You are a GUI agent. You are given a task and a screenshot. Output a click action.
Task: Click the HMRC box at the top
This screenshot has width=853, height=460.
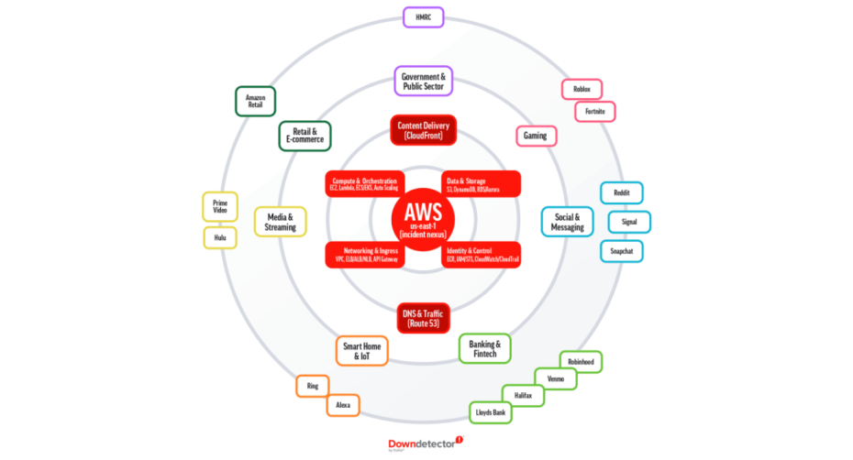pos(424,17)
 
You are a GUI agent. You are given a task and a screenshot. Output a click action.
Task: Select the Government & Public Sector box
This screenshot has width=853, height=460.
pos(424,81)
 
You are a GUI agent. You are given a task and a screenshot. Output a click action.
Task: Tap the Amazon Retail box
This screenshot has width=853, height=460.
pos(255,101)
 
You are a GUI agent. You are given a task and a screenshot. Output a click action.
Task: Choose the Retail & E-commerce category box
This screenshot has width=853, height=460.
pos(305,137)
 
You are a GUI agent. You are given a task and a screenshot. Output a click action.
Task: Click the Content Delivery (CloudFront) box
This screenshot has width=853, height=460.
pos(423,130)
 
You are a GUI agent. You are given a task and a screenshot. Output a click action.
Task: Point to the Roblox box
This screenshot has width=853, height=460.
pos(582,89)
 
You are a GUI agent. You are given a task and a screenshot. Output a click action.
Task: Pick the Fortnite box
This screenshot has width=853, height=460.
pos(595,112)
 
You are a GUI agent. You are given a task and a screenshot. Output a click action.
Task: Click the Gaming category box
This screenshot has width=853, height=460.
pos(535,136)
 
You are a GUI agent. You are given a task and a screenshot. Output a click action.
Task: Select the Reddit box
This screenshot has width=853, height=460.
pos(622,192)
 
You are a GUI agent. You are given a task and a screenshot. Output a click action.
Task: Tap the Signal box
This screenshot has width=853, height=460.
pos(629,222)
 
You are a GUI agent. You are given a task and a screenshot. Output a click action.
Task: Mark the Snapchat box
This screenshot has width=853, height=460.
pos(622,250)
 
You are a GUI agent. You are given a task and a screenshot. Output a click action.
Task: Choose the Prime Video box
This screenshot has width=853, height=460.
pos(220,206)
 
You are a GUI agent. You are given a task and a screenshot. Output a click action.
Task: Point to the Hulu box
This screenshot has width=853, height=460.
pos(220,238)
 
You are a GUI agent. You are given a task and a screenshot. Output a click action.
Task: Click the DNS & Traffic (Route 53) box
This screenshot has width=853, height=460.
pos(423,319)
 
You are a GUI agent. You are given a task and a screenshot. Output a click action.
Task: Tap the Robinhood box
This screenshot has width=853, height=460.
pos(581,362)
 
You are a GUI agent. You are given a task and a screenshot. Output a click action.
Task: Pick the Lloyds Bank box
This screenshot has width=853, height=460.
pos(491,413)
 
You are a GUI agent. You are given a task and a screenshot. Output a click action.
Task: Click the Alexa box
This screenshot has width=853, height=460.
pos(343,404)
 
